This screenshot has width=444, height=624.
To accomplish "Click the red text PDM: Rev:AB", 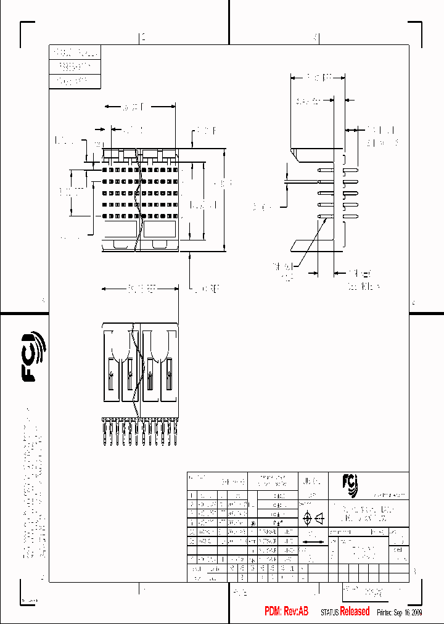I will pos(286,611).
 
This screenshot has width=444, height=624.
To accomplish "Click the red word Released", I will pos(355,611).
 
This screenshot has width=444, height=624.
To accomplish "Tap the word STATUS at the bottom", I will pos(329,612).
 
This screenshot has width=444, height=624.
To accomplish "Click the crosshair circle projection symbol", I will pos(306,519).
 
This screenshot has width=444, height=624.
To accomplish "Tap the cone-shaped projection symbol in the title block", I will pos(320,519).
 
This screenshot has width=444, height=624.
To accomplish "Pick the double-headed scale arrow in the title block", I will pos(313,542).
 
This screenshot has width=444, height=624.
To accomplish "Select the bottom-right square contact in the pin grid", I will pos(175,216).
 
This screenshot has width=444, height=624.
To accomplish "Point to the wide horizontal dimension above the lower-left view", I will pos(140,288).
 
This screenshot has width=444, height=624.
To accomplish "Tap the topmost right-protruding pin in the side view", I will pos(350,169).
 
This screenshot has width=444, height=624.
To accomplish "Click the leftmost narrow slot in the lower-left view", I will pos(110,376).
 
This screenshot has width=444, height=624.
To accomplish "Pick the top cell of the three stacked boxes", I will pos(74,52).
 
